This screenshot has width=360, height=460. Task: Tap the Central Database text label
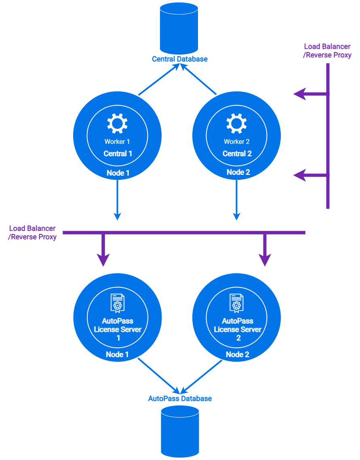tap(179, 59)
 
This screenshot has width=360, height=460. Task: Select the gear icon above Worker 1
tap(117, 123)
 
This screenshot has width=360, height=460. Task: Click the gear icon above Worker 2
tap(236, 123)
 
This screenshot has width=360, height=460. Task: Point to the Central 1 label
tap(118, 154)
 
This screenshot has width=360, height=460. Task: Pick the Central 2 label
tap(237, 154)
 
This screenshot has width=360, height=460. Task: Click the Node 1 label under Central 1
tap(118, 173)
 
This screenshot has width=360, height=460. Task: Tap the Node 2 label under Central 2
tap(238, 173)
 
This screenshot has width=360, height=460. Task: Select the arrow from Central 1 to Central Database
tap(158, 80)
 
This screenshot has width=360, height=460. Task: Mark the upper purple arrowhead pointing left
tap(300, 95)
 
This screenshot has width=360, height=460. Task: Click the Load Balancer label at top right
tap(327, 51)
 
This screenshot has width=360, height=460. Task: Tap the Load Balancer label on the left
tap(32, 233)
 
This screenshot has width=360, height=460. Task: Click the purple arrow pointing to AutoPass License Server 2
tap(265, 251)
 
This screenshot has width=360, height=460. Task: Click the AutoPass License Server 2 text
tap(238, 329)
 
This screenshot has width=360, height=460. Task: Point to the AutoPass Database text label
tap(180, 399)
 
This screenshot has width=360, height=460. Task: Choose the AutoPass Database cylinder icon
tap(180, 431)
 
